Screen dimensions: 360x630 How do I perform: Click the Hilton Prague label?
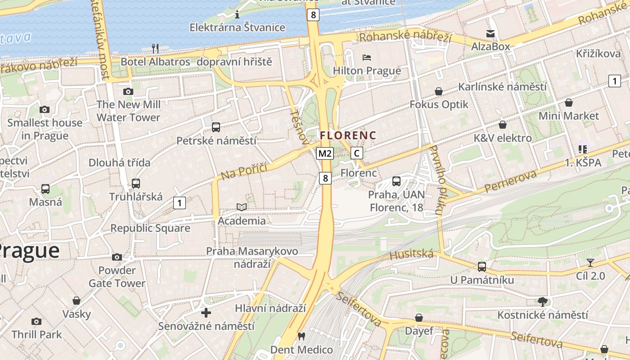(367, 71)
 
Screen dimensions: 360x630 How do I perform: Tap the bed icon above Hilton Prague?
(367, 57)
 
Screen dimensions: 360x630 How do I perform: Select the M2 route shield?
(325, 153)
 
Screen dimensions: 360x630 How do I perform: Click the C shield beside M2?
(356, 153)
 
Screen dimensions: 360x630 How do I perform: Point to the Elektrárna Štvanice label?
(237, 27)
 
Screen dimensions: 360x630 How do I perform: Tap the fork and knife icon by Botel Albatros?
(155, 48)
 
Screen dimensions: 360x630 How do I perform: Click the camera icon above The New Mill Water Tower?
(128, 91)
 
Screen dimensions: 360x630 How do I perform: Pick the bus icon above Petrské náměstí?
(216, 127)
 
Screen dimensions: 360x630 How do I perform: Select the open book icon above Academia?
(242, 207)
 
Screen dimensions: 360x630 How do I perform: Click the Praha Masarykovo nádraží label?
(252, 257)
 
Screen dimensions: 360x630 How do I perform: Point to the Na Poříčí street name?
(244, 171)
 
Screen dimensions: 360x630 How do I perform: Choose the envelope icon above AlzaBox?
(490, 33)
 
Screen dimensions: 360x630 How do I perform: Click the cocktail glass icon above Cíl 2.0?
(590, 262)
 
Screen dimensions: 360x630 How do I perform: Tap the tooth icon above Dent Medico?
(301, 336)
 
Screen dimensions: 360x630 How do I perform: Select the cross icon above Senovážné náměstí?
(206, 312)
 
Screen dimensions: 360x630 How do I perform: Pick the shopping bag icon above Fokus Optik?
(439, 91)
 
